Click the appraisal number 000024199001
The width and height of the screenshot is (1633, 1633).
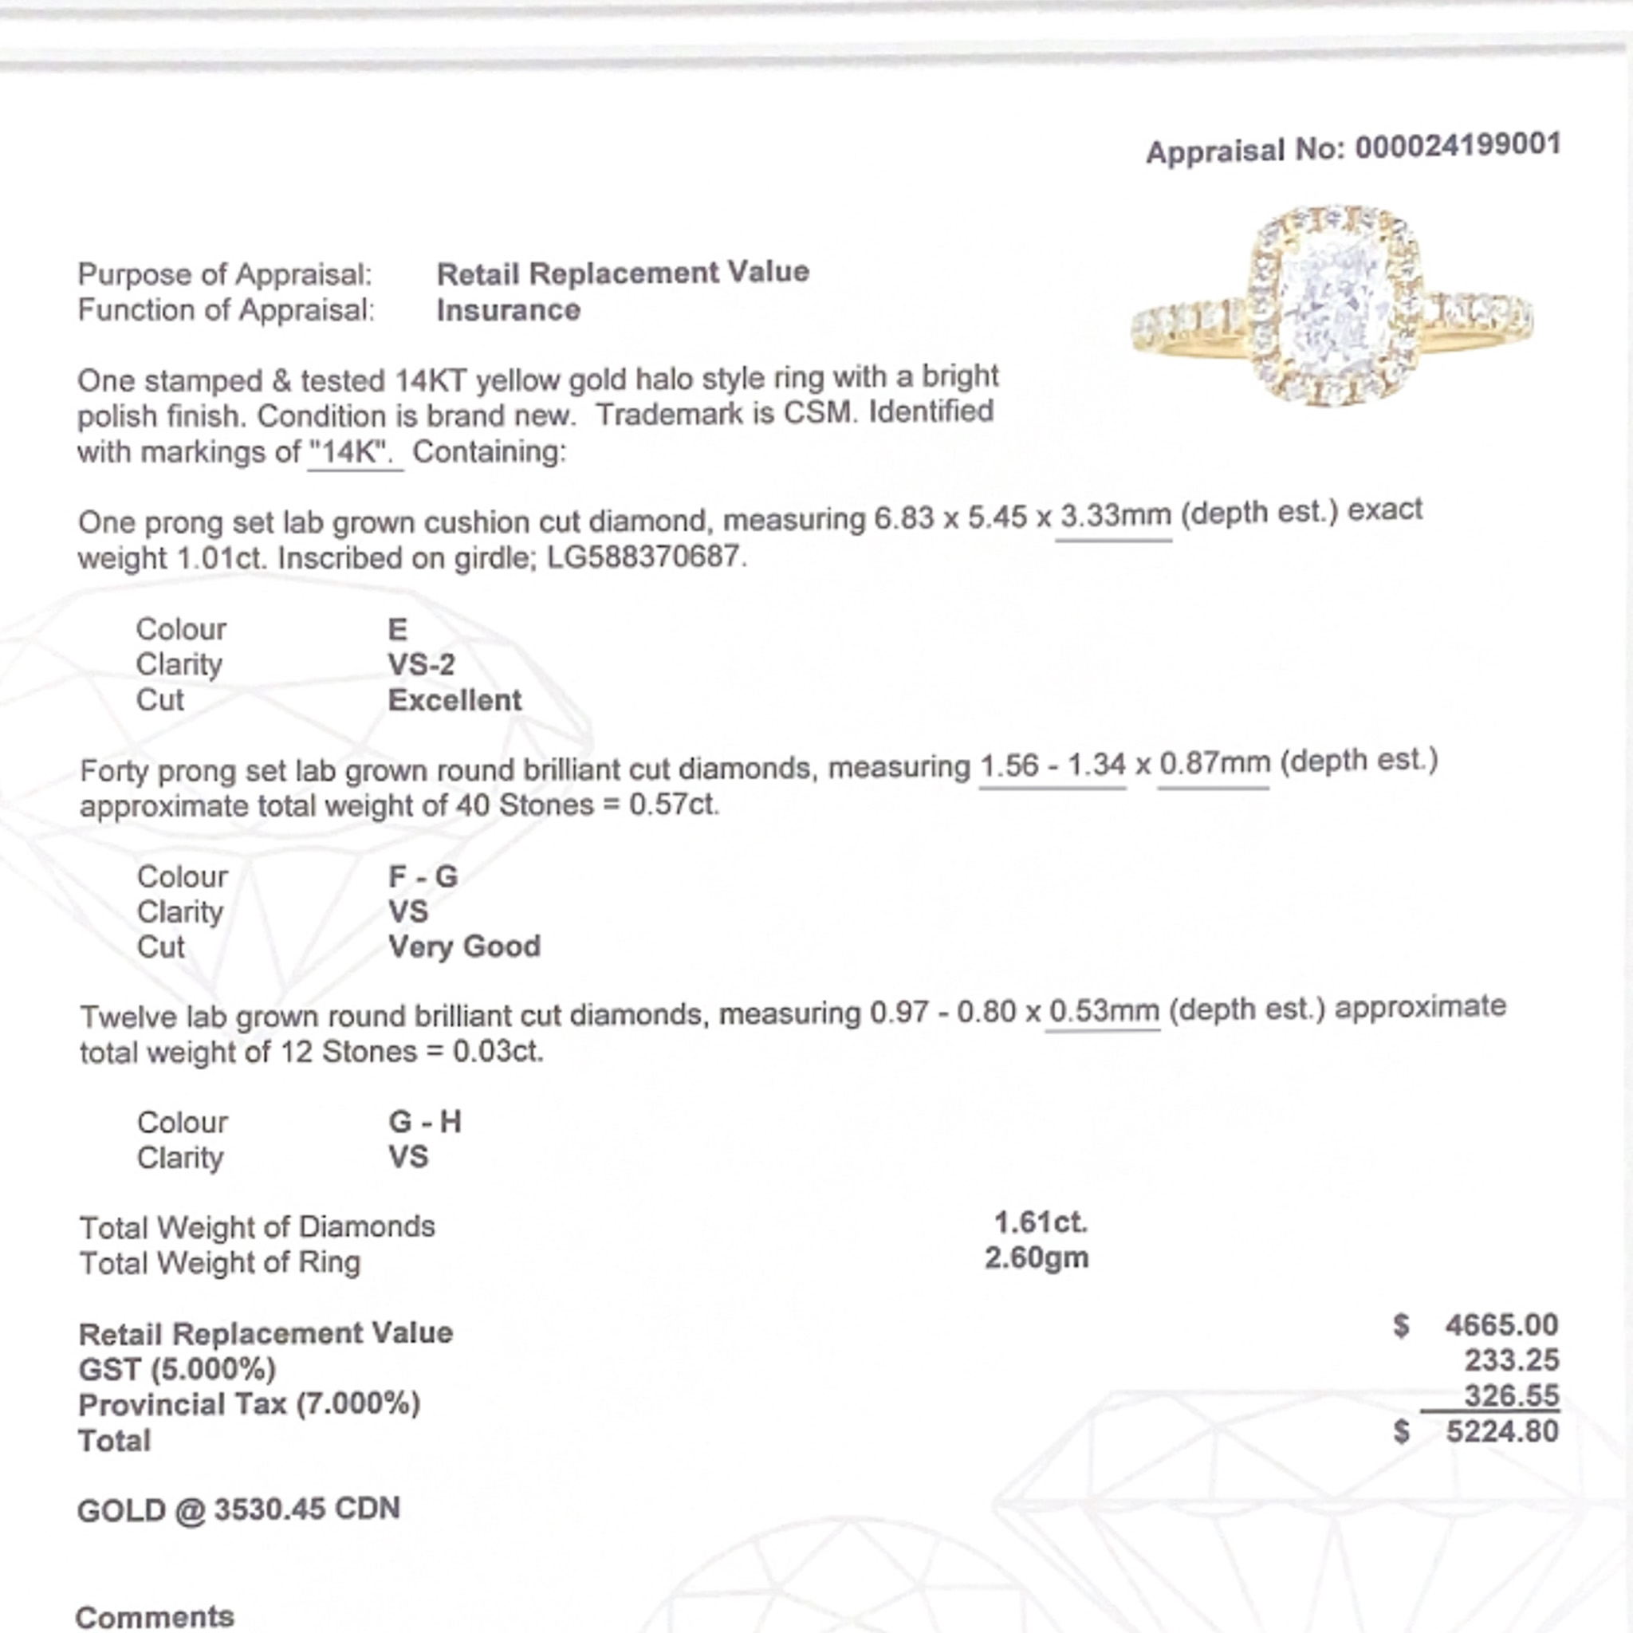(1458, 146)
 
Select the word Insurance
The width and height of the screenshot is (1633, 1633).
(508, 310)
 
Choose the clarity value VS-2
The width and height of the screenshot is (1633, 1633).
(421, 664)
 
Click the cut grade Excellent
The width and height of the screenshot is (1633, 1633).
(454, 700)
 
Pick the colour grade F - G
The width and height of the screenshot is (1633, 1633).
(423, 876)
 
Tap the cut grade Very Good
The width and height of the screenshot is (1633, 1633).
(464, 946)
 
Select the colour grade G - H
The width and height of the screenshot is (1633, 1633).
(424, 1122)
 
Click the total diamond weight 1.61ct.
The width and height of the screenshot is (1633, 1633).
(1041, 1222)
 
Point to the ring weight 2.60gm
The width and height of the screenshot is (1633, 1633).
(1037, 1257)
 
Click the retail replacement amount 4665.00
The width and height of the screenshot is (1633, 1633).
(1501, 1325)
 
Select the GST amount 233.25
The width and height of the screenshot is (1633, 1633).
(1511, 1361)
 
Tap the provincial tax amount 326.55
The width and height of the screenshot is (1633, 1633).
(1511, 1395)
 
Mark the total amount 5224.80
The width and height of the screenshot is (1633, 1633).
(1502, 1432)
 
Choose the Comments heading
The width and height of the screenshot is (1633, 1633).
(155, 1616)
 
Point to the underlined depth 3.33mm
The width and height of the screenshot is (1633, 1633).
(1115, 515)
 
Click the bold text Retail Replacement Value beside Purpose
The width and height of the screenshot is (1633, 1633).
(623, 273)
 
